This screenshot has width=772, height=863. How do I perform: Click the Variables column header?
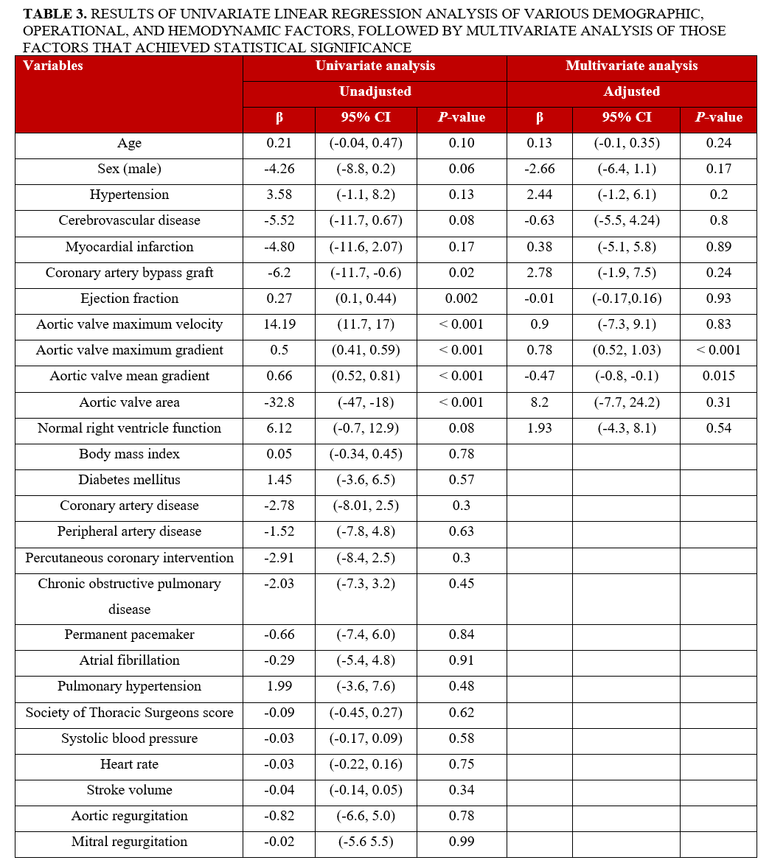click(x=53, y=66)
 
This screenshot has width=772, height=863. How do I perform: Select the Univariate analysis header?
click(x=375, y=66)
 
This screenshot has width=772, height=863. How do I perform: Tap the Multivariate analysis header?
click(x=631, y=66)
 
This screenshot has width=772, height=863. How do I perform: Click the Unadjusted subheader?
click(x=375, y=91)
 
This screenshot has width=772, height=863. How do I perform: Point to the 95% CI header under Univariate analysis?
click(x=366, y=117)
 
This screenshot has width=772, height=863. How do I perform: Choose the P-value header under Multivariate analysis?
click(x=718, y=117)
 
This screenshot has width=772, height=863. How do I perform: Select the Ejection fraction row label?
click(x=129, y=298)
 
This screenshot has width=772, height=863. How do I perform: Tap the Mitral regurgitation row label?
click(x=129, y=842)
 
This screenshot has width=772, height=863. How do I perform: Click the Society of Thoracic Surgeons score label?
click(x=129, y=713)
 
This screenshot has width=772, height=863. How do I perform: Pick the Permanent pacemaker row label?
click(x=129, y=635)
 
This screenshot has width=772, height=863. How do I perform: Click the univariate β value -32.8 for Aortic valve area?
click(x=279, y=402)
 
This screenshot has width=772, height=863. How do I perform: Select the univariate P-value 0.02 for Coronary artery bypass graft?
click(x=461, y=273)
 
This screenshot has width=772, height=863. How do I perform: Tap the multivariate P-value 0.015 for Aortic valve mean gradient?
click(x=718, y=376)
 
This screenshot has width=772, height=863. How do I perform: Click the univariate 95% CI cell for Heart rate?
click(x=366, y=764)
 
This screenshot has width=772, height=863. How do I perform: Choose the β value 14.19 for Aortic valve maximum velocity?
click(x=279, y=324)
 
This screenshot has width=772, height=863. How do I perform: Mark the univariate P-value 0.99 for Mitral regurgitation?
click(x=461, y=842)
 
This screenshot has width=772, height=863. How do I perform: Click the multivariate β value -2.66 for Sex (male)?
click(x=539, y=169)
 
